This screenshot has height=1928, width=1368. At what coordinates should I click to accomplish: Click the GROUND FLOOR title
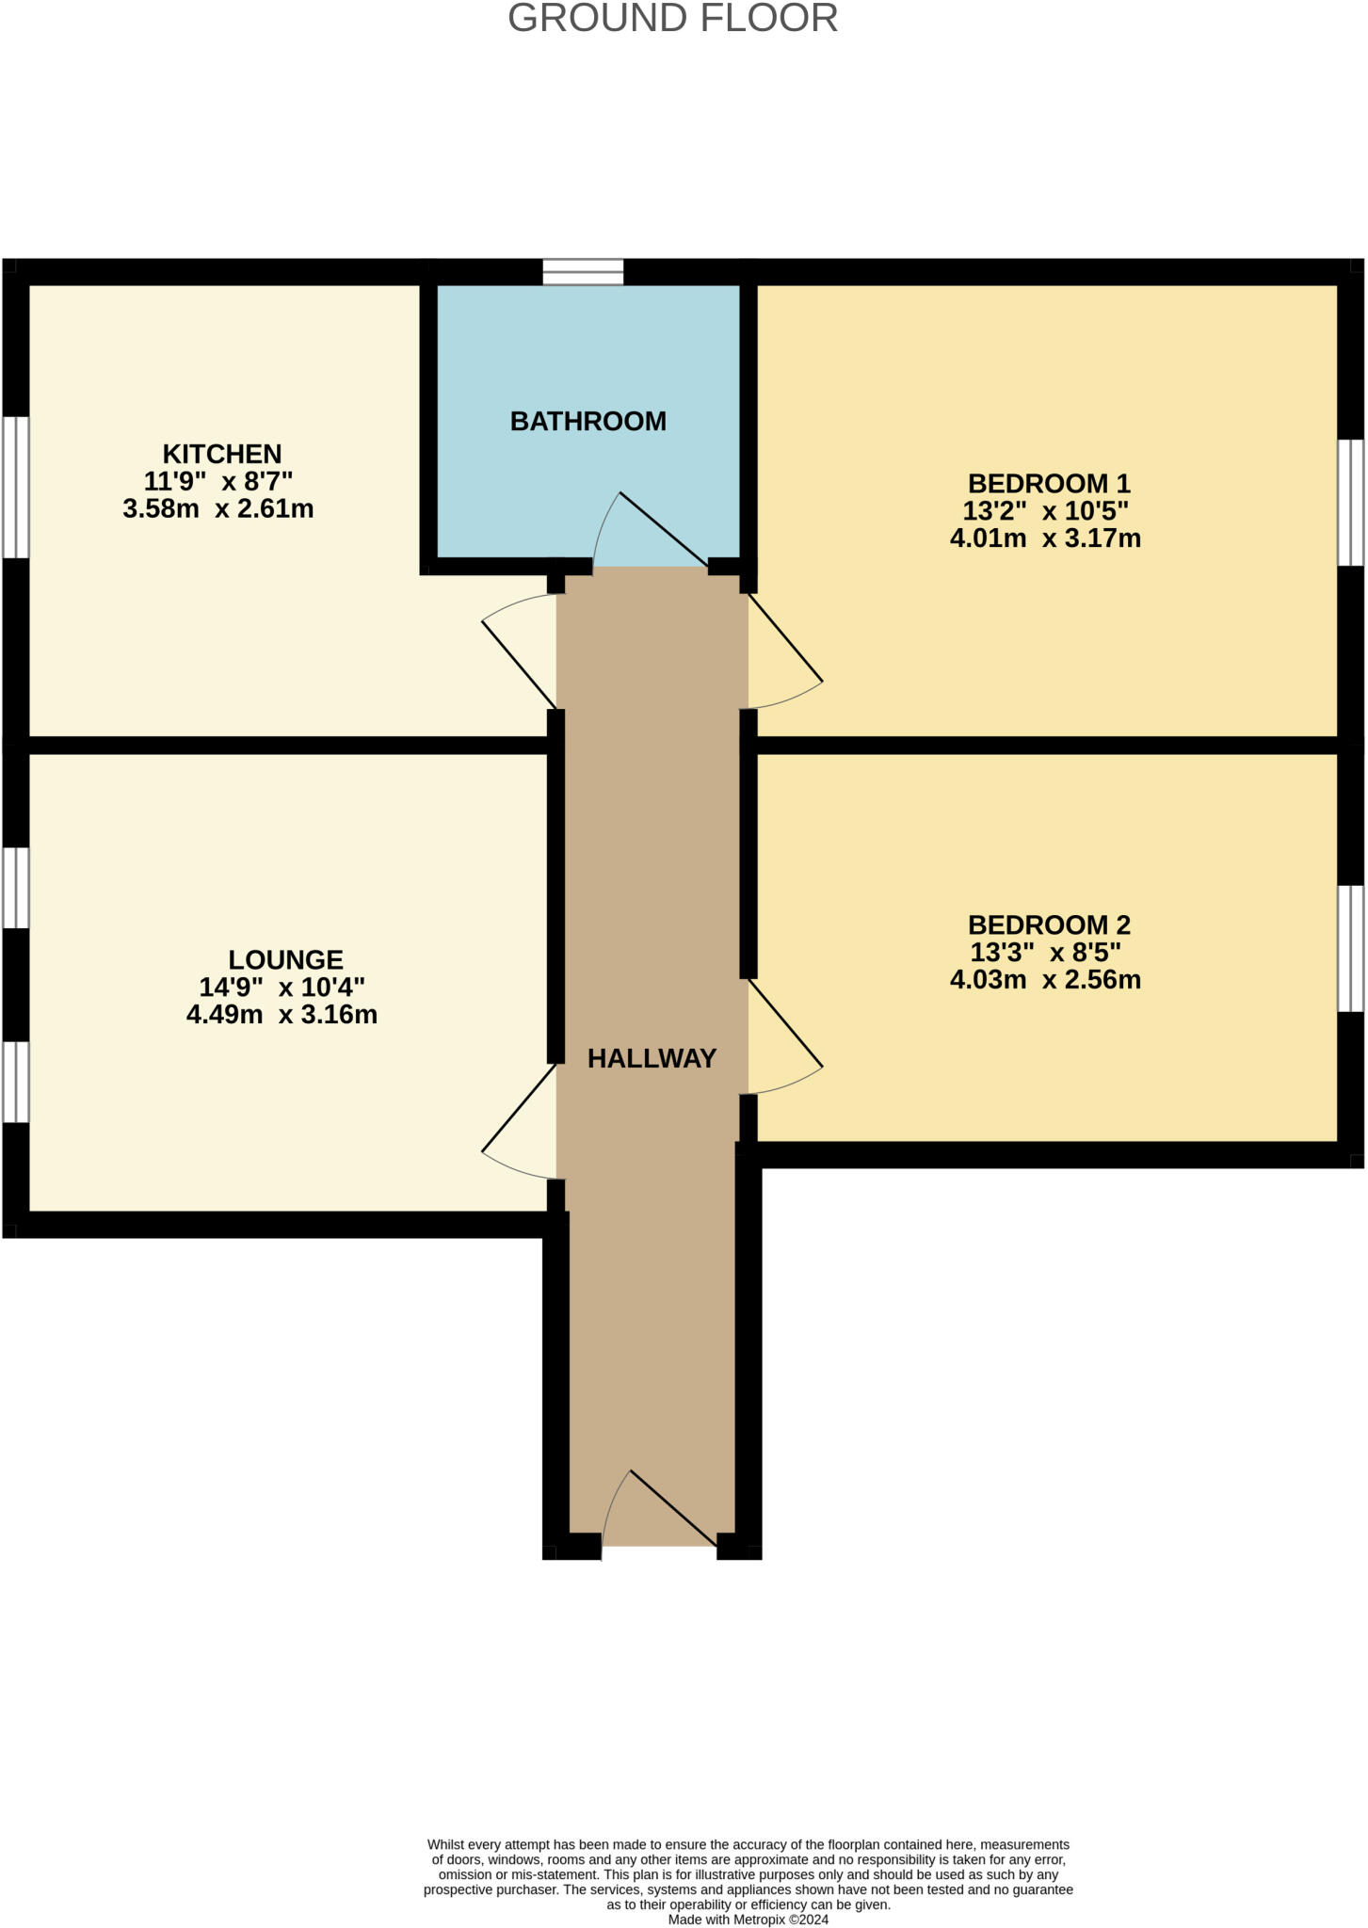(672, 19)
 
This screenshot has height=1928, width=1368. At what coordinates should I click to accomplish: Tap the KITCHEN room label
(222, 454)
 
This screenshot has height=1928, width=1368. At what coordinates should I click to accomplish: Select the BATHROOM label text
(587, 421)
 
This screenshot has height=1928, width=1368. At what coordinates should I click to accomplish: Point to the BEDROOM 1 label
(1048, 484)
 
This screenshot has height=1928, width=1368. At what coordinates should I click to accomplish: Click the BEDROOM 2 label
(1048, 924)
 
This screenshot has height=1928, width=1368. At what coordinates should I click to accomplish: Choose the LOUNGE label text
(285, 960)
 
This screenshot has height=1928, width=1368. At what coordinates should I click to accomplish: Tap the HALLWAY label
(652, 1059)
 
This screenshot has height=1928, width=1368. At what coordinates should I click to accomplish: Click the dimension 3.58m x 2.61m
(217, 509)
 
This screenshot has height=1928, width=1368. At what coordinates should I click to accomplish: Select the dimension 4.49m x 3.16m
(282, 1015)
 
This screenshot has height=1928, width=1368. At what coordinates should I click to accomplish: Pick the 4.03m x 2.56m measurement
(1045, 980)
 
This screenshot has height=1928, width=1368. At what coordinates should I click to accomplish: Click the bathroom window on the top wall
(583, 272)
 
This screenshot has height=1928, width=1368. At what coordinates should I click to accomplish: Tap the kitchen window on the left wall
(15, 488)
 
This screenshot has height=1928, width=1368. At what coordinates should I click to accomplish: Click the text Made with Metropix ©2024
(748, 1920)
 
